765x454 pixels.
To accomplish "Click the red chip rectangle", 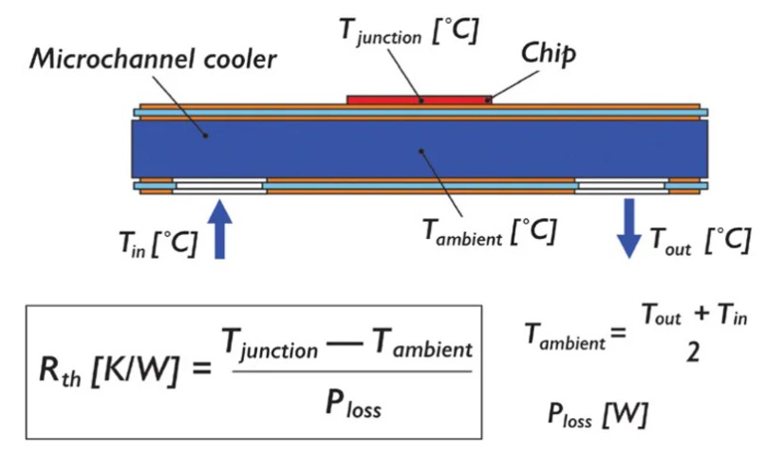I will tap(420, 99).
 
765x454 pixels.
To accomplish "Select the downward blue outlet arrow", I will tap(627, 228).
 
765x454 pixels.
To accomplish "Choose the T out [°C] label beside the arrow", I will tap(698, 241).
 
